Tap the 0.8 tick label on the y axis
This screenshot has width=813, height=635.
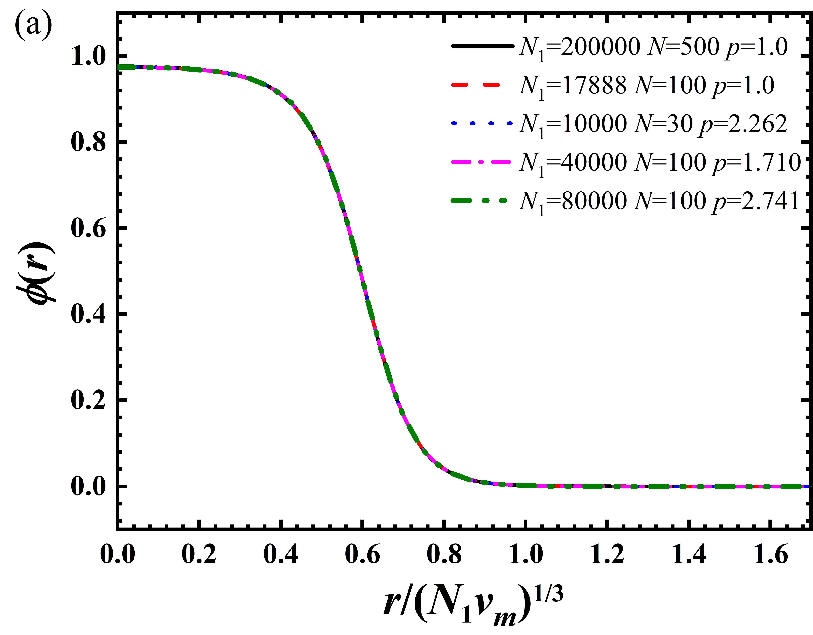pyautogui.click(x=88, y=143)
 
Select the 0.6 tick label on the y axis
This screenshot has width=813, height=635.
pyautogui.click(x=88, y=229)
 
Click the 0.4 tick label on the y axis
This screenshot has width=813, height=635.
pyautogui.click(x=88, y=314)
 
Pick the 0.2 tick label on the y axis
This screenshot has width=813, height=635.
pyautogui.click(x=88, y=400)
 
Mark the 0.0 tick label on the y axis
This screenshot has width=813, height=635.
pyautogui.click(x=88, y=486)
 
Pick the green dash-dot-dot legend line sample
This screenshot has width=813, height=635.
pyautogui.click(x=480, y=201)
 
